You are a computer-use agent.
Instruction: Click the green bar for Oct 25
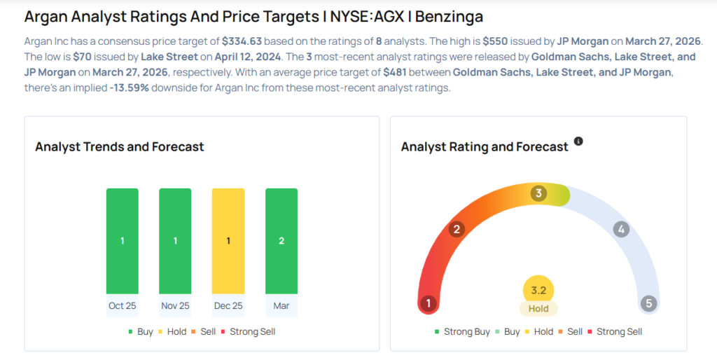pyautogui.click(x=122, y=241)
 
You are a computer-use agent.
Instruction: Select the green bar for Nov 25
pyautogui.click(x=175, y=241)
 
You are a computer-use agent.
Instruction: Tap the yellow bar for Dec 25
pyautogui.click(x=228, y=241)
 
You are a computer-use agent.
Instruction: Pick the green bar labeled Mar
pyautogui.click(x=281, y=241)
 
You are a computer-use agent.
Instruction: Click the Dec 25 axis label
pyautogui.click(x=228, y=306)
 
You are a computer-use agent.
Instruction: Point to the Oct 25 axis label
pyautogui.click(x=122, y=306)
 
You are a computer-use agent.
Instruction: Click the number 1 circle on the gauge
pyautogui.click(x=427, y=303)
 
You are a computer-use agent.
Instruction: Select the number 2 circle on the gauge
pyautogui.click(x=457, y=229)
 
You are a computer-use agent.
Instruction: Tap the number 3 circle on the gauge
pyautogui.click(x=538, y=193)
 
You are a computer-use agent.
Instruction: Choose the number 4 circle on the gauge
pyautogui.click(x=620, y=229)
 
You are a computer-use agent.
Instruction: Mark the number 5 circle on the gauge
pyautogui.click(x=649, y=303)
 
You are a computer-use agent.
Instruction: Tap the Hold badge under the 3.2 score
pyautogui.click(x=538, y=308)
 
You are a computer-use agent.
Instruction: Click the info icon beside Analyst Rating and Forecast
pyautogui.click(x=578, y=141)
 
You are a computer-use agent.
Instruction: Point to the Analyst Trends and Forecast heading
pyautogui.click(x=120, y=146)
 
